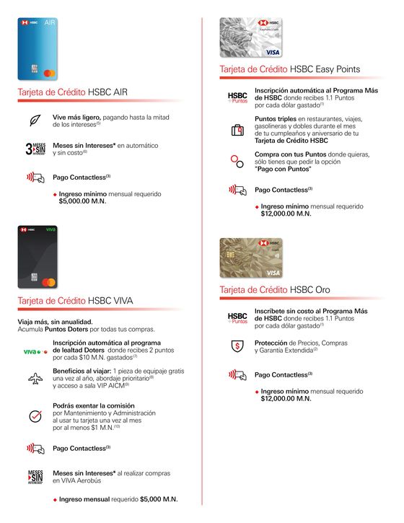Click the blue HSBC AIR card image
(x=38, y=48)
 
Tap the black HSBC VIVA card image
(x=38, y=256)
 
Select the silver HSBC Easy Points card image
(x=251, y=38)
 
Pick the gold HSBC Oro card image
(x=251, y=258)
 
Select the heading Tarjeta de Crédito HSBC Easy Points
(x=290, y=69)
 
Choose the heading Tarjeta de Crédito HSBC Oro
(x=275, y=289)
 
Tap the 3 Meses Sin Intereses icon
(x=35, y=149)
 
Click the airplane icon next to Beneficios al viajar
(x=35, y=378)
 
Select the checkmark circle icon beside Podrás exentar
(x=35, y=416)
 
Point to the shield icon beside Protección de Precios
(x=237, y=346)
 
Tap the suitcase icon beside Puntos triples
(x=237, y=131)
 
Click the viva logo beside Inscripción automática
(x=35, y=352)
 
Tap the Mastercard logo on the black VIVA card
(x=50, y=281)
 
